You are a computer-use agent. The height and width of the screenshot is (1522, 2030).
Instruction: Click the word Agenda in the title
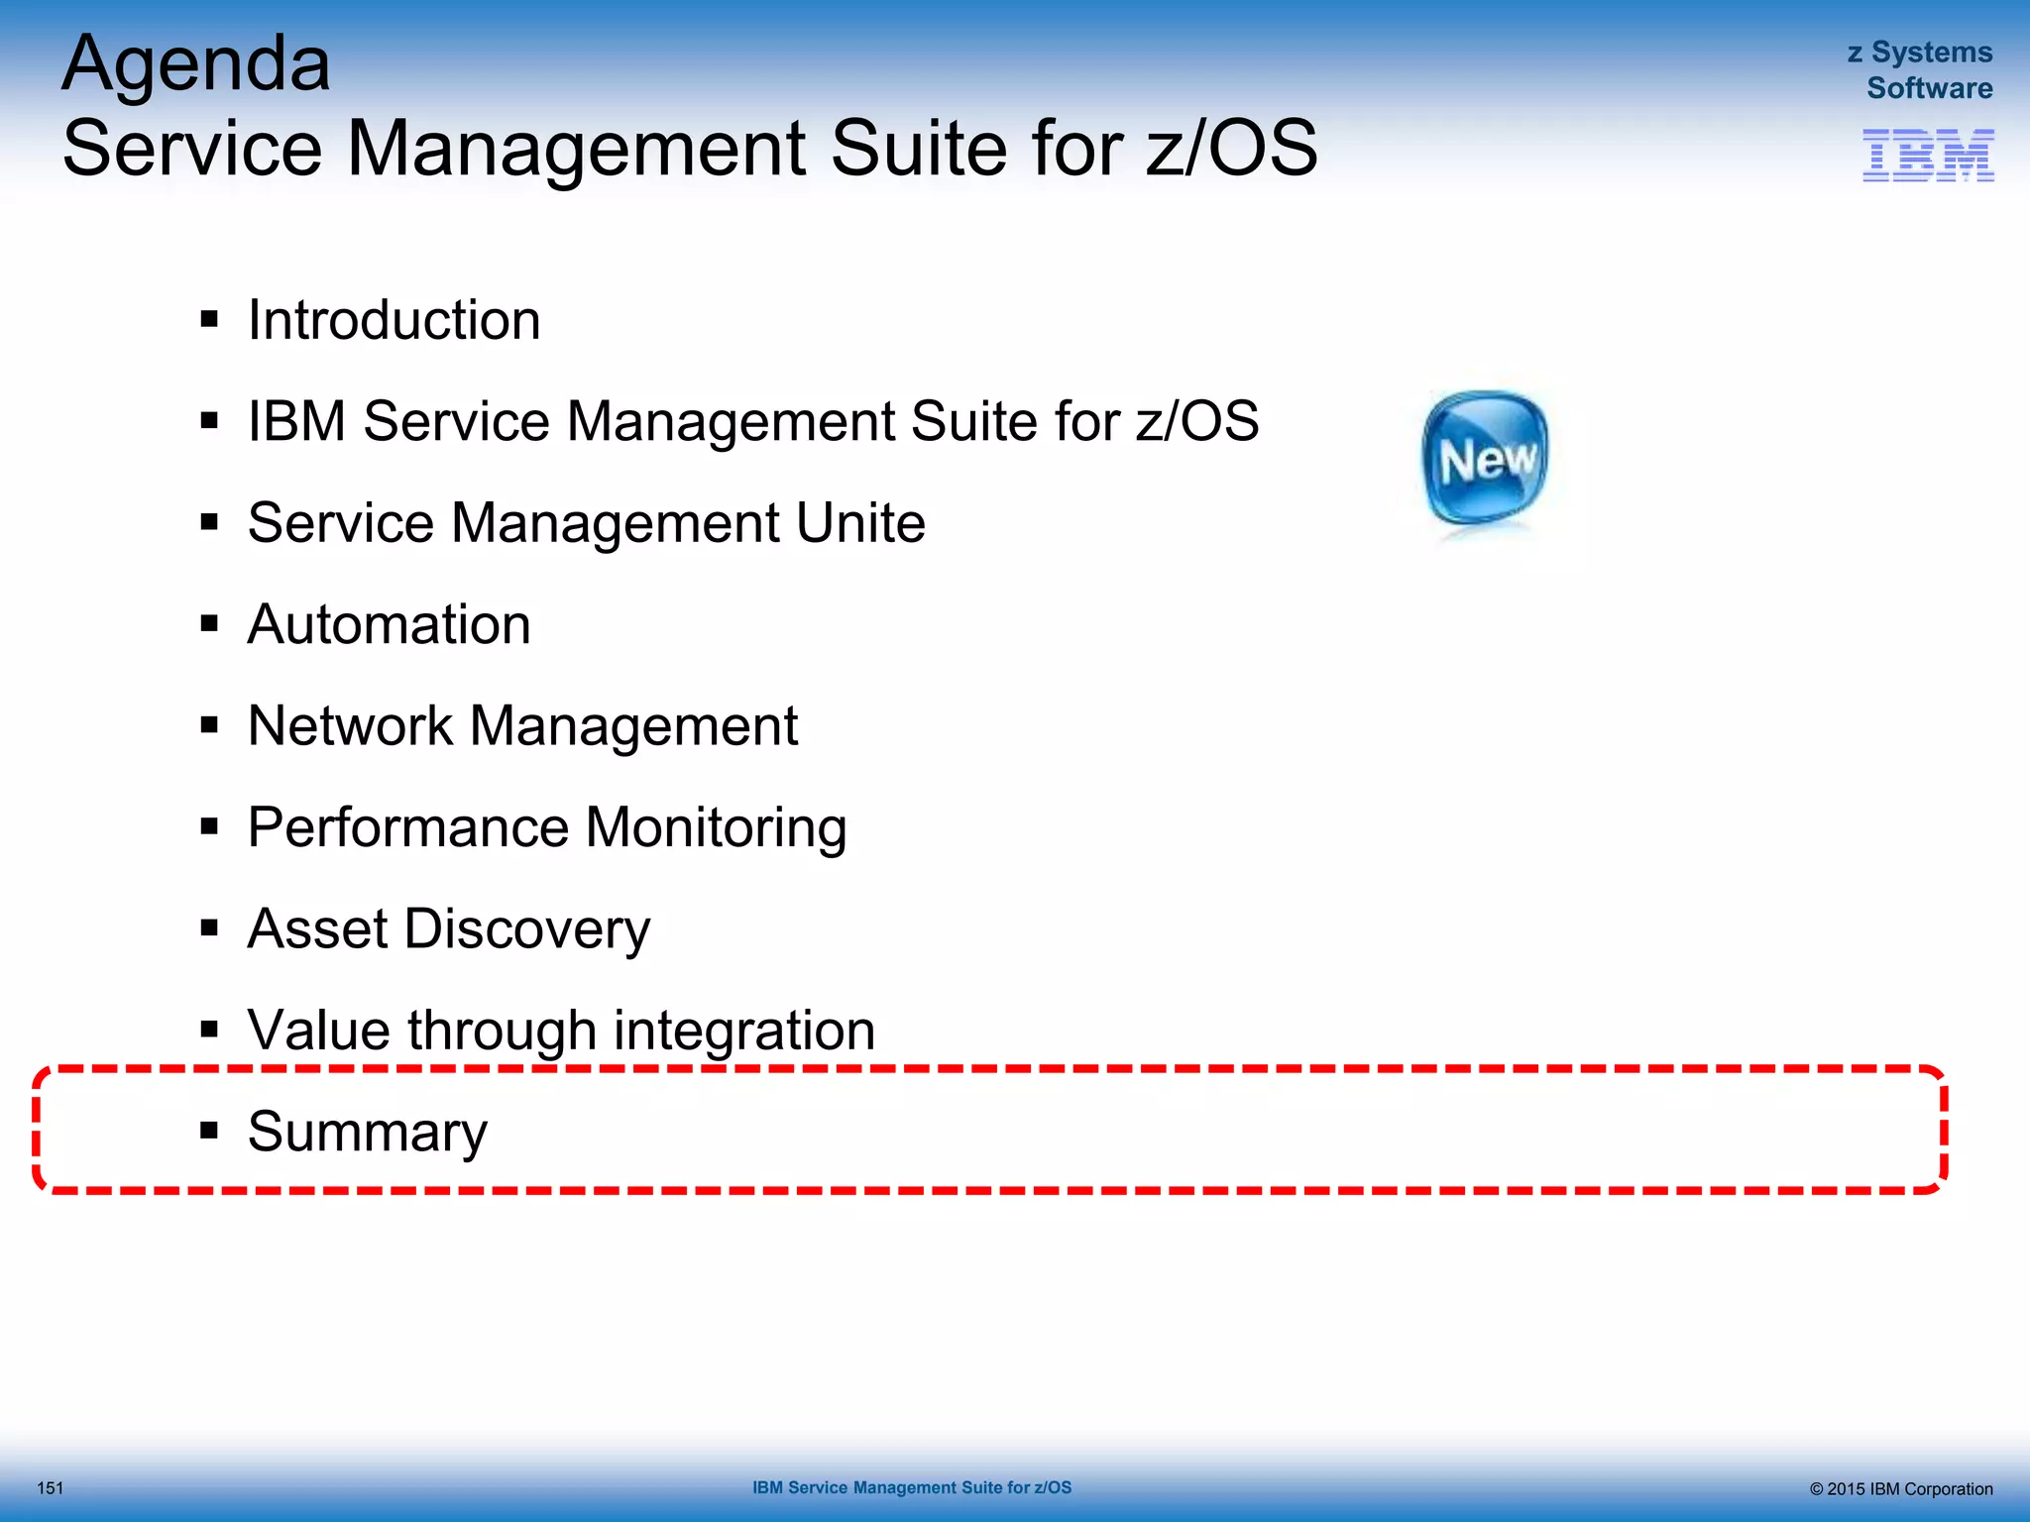point(195,65)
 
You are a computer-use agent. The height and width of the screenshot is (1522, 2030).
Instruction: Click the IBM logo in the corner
point(1927,156)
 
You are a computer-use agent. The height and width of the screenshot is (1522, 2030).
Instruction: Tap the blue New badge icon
point(1485,459)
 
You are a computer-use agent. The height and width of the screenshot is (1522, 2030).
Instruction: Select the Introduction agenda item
point(394,320)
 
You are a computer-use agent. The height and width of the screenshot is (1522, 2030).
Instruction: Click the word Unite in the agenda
point(859,523)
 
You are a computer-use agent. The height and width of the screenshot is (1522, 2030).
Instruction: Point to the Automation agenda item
point(389,625)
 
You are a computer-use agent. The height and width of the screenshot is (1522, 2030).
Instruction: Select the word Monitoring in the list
point(716,827)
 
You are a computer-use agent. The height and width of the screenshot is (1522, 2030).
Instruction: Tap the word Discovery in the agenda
point(526,929)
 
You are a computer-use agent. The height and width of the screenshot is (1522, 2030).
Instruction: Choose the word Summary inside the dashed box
point(367,1132)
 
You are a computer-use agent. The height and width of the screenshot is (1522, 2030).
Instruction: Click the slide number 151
point(50,1488)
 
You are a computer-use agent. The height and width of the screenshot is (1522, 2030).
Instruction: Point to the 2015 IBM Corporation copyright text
point(1900,1489)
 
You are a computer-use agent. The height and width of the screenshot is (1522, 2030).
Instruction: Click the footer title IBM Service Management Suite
point(911,1487)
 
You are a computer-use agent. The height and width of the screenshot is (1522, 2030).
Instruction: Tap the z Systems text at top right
point(1919,53)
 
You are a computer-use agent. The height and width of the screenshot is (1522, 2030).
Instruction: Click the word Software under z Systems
point(1929,88)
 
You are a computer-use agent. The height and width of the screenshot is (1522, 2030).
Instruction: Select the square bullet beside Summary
point(208,1131)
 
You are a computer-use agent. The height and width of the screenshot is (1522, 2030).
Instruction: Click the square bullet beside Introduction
point(208,319)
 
